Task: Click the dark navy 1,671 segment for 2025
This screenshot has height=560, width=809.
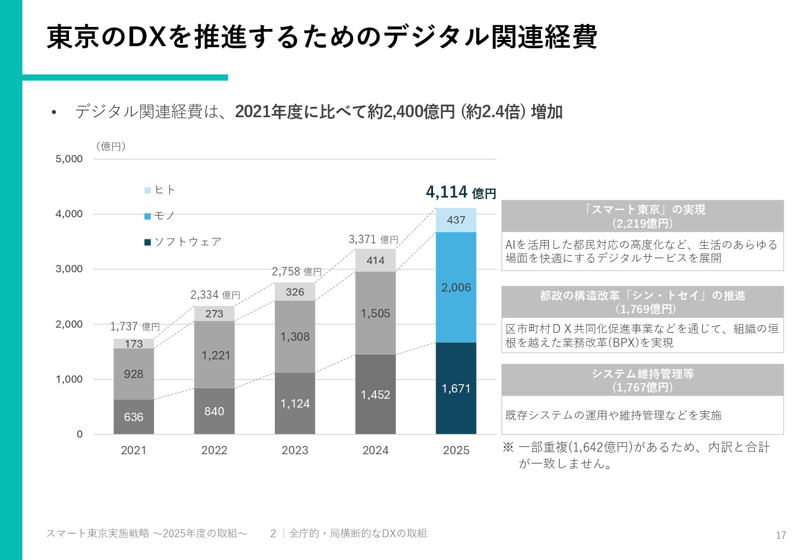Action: coord(456,388)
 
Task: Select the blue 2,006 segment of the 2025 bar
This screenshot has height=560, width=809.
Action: coord(456,287)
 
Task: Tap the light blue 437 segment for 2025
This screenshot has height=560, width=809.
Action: coord(456,220)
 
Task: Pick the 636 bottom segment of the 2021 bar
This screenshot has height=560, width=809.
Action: coord(134,417)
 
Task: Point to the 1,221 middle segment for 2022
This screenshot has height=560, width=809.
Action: coord(214,355)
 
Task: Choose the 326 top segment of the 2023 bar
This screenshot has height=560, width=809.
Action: coord(295,292)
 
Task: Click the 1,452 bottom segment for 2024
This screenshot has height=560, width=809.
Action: coord(375,395)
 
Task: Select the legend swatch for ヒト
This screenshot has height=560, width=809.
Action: coord(148,190)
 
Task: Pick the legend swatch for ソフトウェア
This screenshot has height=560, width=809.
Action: coord(148,242)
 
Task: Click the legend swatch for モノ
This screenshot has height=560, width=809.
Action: coord(148,216)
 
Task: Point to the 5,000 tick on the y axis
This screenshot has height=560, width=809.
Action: coord(69,159)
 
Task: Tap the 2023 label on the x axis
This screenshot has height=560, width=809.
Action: coord(295,450)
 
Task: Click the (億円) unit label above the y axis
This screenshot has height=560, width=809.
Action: coord(111,147)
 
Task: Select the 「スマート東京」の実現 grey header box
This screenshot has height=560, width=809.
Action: coord(643,216)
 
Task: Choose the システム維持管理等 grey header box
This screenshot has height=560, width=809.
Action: coord(643,380)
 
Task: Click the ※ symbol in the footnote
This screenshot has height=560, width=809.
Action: coord(508,447)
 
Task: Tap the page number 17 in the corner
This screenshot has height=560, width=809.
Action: coord(781,536)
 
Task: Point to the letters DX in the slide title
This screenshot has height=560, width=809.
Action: coord(147,37)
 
